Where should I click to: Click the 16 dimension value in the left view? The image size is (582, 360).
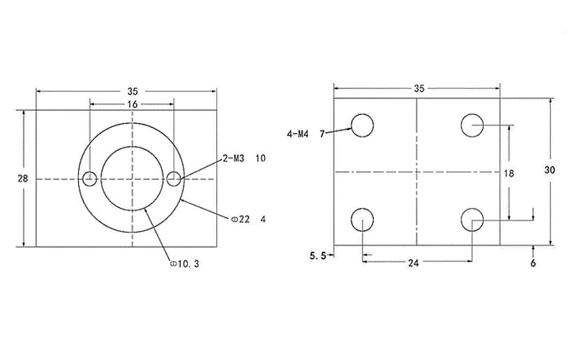(x=132, y=104)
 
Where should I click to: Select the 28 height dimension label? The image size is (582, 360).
(x=23, y=179)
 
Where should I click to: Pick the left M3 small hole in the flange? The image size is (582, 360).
(x=89, y=179)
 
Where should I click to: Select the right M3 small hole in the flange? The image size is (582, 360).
(x=174, y=179)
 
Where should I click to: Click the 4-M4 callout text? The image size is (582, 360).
(x=298, y=134)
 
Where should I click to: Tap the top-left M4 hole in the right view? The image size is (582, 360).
(x=362, y=126)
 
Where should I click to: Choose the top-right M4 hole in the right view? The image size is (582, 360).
(x=472, y=126)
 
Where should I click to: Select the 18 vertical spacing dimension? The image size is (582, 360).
(x=509, y=173)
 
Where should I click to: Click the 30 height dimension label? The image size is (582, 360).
(x=550, y=170)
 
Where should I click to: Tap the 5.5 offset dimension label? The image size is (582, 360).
(x=318, y=255)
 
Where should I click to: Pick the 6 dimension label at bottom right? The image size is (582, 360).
(x=533, y=263)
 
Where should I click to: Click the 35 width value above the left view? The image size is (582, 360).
(x=132, y=91)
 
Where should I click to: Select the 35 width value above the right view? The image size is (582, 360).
(x=419, y=88)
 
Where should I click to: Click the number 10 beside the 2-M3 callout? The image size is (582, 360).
(x=260, y=158)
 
